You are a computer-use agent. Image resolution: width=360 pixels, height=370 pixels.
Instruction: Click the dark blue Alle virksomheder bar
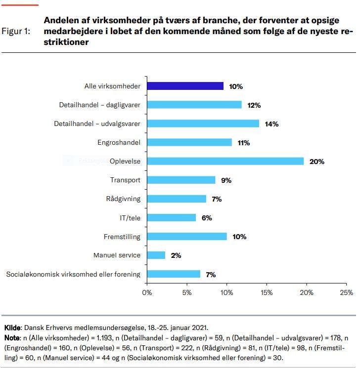pyautogui.click(x=185, y=86)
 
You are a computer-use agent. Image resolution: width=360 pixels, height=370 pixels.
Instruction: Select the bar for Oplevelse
pyautogui.click(x=225, y=161)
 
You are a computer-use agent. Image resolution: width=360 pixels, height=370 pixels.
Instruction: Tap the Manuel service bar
pyautogui.click(x=156, y=255)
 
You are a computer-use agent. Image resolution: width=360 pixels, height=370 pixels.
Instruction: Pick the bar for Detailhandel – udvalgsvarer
pyautogui.click(x=203, y=123)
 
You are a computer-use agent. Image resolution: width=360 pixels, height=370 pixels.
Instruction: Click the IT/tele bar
pyautogui.click(x=172, y=217)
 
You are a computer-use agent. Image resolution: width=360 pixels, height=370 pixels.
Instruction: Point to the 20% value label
pyautogui.click(x=317, y=162)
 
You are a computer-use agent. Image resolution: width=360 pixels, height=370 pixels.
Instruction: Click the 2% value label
pyautogui.click(x=177, y=255)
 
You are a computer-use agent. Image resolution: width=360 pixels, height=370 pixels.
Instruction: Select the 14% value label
pyautogui.click(x=271, y=124)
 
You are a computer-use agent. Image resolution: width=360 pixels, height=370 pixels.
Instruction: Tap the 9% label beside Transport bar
pyautogui.click(x=226, y=180)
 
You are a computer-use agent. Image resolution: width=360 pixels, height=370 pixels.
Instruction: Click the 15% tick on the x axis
pyautogui.click(x=267, y=292)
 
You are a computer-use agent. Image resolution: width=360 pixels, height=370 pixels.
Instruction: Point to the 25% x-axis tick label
pyautogui.click(x=347, y=292)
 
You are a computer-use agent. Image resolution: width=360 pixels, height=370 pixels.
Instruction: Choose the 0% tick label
pyautogui.click(x=147, y=292)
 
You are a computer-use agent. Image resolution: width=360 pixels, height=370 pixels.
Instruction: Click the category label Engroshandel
pyautogui.click(x=119, y=143)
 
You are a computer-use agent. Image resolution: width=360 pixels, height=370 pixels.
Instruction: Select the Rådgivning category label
pyautogui.click(x=123, y=199)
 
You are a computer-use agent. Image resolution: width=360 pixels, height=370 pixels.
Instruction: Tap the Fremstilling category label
pyautogui.click(x=122, y=236)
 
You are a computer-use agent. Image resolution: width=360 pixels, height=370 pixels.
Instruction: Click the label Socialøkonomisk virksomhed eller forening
pyautogui.click(x=73, y=274)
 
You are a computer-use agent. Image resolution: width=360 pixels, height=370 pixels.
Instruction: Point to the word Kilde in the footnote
pyautogui.click(x=12, y=328)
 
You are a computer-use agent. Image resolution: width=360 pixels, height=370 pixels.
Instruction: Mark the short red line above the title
pyautogui.click(x=20, y=5)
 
